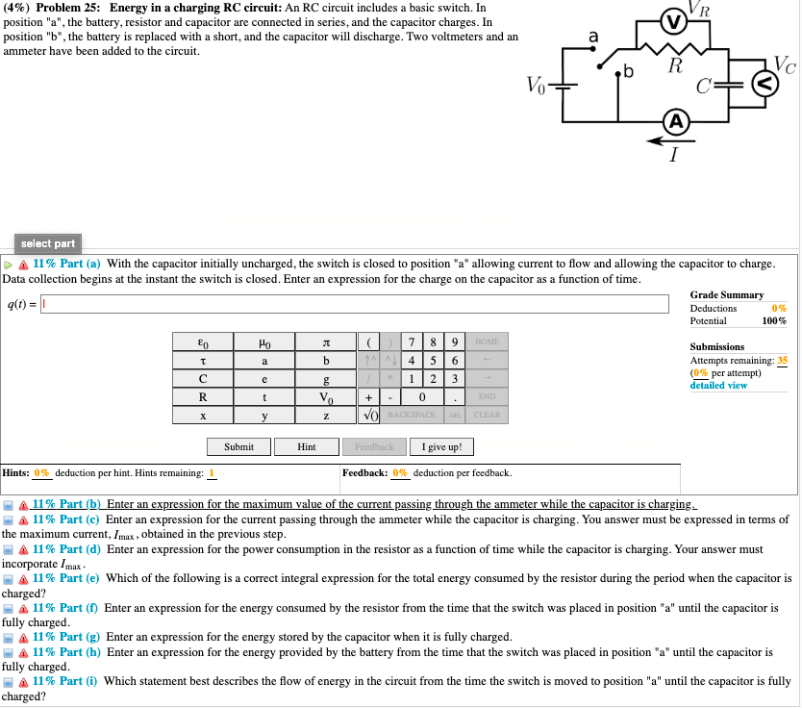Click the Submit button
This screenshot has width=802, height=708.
tap(238, 446)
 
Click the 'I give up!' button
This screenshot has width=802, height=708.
tap(441, 446)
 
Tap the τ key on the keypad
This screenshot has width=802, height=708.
tap(202, 360)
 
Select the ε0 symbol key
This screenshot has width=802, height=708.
tap(202, 341)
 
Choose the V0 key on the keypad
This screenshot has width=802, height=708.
tap(326, 396)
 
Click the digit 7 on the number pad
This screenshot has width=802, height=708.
tap(412, 341)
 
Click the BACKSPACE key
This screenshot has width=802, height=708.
tap(411, 415)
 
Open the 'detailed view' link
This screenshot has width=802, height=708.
tap(718, 385)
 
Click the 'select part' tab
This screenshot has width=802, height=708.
tap(48, 243)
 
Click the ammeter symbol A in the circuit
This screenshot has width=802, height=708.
tap(677, 122)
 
